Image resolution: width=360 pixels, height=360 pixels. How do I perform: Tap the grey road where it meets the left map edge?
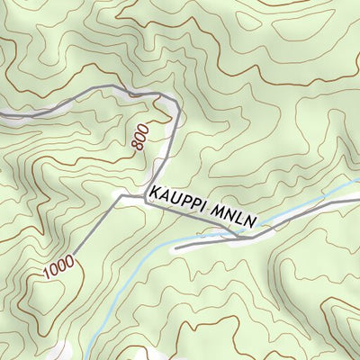tap(2, 115)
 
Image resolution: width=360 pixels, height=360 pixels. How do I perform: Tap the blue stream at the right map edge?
tap(358, 184)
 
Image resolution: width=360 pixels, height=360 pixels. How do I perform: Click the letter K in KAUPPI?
tap(156, 193)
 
